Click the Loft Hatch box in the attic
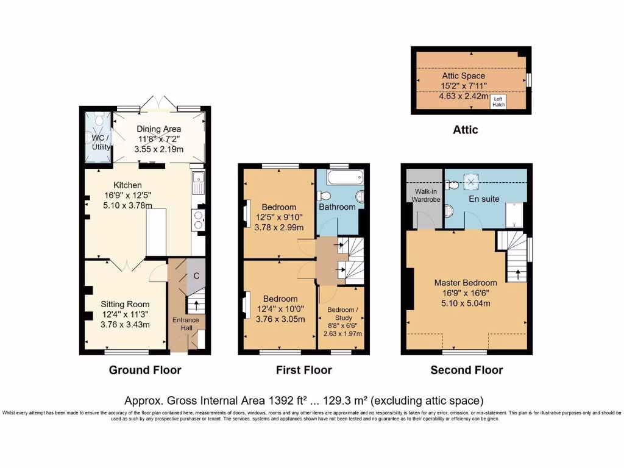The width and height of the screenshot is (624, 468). [498, 102]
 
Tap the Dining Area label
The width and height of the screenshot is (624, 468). [158, 129]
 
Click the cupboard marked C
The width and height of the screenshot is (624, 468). [196, 275]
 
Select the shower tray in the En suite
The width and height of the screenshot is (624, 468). [516, 214]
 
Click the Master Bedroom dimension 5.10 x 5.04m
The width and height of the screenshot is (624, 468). [465, 304]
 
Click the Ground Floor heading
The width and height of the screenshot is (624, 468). [145, 370]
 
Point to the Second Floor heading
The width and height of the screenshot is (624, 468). [466, 370]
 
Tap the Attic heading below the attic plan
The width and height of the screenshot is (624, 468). [465, 130]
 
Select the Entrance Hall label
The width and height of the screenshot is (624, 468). [185, 324]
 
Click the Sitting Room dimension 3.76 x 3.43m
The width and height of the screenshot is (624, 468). [125, 325]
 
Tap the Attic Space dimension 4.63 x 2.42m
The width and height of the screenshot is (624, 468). [463, 96]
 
